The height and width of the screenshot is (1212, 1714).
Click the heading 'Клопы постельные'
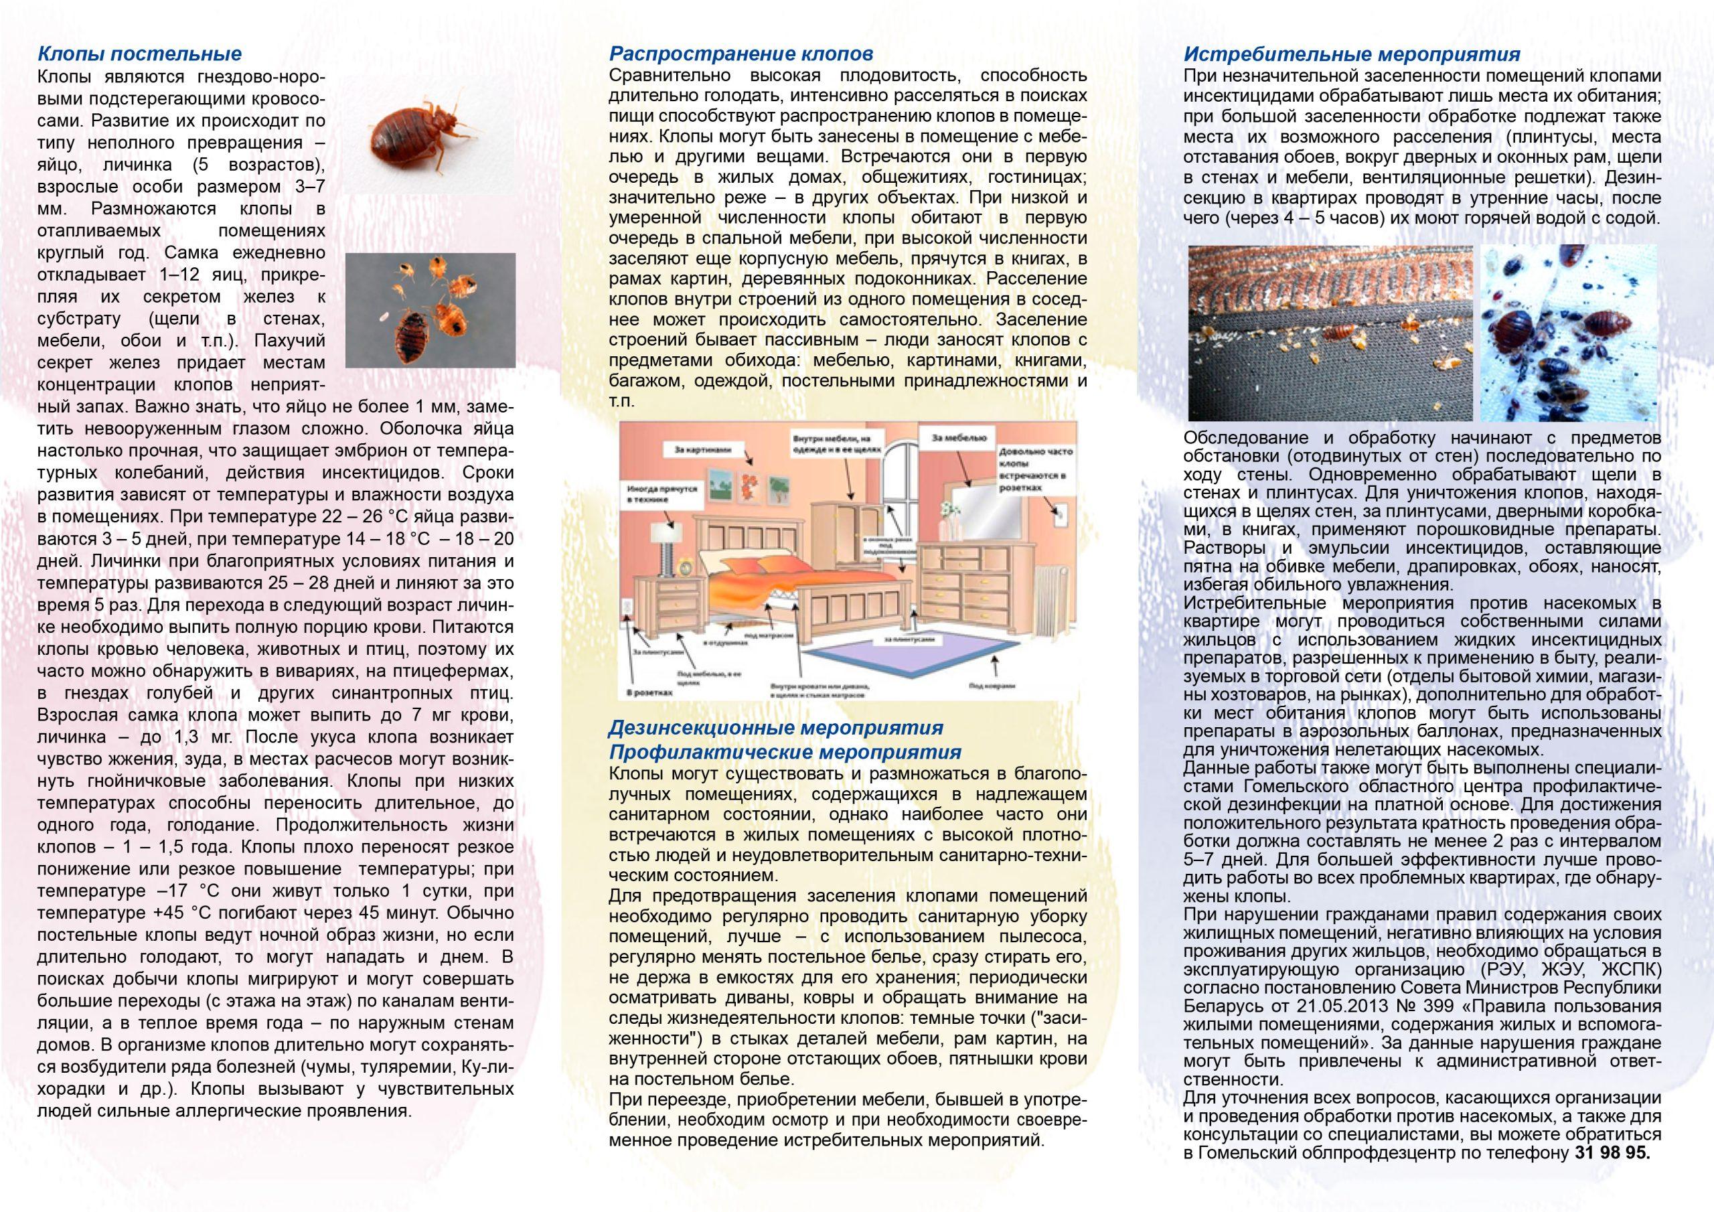(140, 54)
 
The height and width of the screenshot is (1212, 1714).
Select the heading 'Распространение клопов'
(741, 54)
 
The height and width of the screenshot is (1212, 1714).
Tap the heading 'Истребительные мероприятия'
(1352, 54)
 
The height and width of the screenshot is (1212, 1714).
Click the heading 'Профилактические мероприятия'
(785, 751)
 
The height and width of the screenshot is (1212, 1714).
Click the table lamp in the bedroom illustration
(667, 538)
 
